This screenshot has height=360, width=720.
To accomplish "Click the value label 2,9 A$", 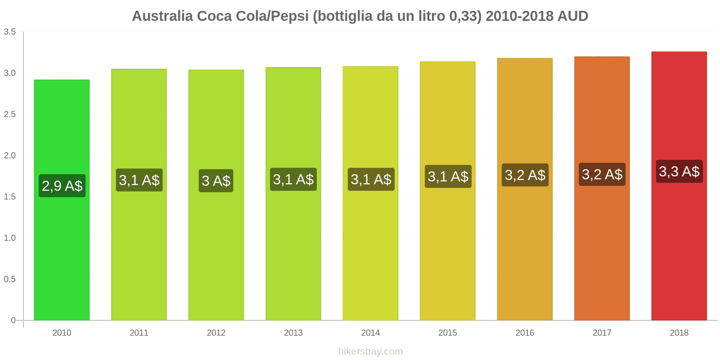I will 62,186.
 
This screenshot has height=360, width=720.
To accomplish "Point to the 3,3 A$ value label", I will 679,171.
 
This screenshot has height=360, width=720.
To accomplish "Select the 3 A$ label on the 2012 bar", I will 216,181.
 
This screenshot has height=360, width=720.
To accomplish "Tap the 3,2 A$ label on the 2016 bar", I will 525,175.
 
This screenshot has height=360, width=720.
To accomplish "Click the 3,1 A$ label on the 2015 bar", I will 448,176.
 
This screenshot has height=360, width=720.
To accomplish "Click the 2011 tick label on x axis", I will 139,333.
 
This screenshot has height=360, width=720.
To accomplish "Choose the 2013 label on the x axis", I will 293,333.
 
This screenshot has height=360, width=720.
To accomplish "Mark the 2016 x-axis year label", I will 525,333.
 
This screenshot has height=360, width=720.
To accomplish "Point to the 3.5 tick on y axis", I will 10,32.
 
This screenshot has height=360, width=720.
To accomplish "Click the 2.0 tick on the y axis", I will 10,156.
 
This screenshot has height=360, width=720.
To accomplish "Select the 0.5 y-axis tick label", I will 10,279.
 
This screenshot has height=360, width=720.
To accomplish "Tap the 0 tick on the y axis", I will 13,320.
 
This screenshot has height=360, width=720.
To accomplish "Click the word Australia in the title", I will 162,16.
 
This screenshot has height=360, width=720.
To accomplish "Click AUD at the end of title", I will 572,16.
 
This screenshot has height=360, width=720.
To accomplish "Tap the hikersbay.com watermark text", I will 370,351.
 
